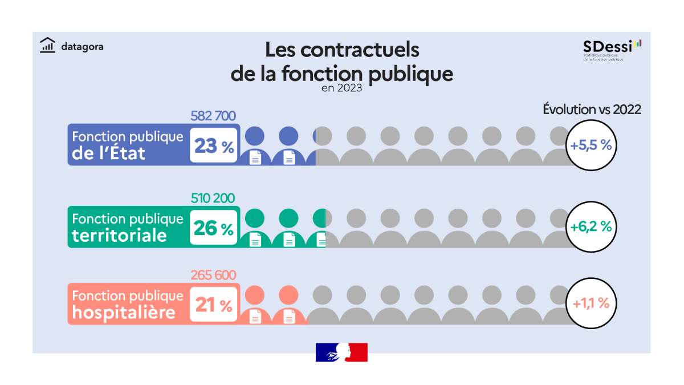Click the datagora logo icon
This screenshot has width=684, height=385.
point(47,45)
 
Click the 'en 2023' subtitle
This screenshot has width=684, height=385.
point(341,88)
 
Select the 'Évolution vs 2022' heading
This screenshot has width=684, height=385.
point(592,110)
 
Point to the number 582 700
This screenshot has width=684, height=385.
point(213,116)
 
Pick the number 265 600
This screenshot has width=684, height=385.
point(213,275)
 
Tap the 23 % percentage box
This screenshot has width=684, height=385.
point(214,146)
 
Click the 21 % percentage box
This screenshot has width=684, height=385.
point(214,305)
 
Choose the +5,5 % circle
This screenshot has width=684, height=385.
point(591,145)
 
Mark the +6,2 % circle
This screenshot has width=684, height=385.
point(591,226)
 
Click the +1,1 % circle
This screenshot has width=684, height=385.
point(591,303)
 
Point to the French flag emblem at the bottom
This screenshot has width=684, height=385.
point(341,352)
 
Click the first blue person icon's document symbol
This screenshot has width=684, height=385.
point(255,158)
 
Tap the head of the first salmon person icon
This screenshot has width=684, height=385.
point(255,294)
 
